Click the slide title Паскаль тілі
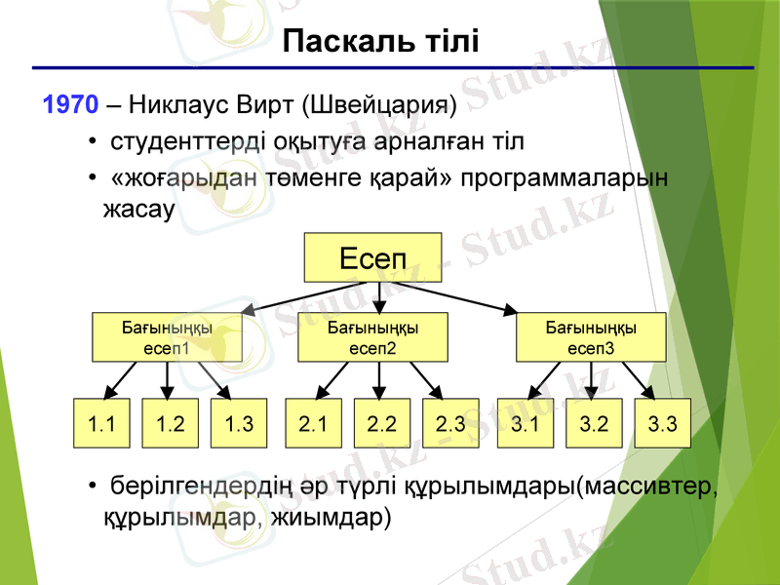(x=380, y=41)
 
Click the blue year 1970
(x=70, y=104)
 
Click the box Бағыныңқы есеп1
(x=166, y=336)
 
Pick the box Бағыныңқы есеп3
(x=591, y=336)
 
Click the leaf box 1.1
(x=102, y=424)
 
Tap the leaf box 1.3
(x=239, y=424)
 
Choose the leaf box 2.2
(x=381, y=424)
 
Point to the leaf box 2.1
(x=313, y=424)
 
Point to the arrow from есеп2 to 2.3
(x=426, y=379)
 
